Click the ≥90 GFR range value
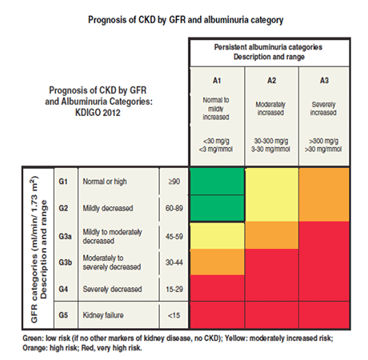(x=174, y=182)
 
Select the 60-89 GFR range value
(x=174, y=207)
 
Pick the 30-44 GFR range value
(x=174, y=261)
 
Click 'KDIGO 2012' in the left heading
(x=102, y=112)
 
